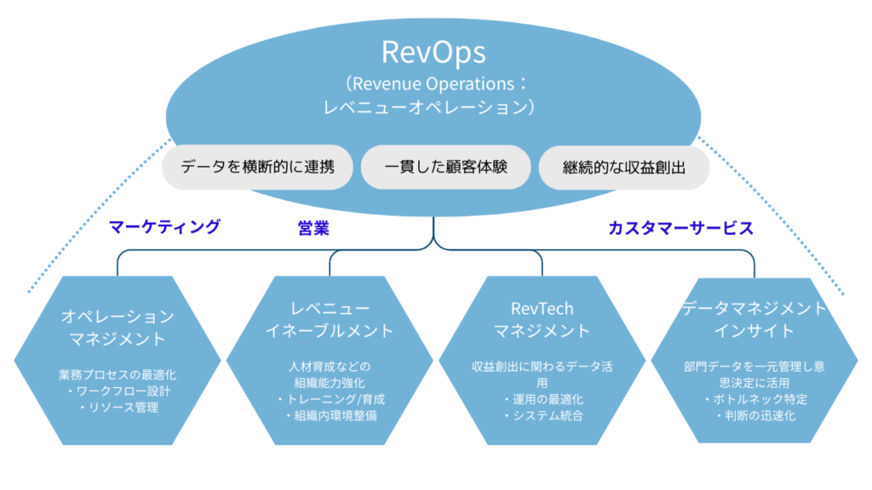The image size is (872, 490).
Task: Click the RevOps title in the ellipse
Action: (x=433, y=52)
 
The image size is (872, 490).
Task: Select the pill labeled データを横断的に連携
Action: (x=256, y=167)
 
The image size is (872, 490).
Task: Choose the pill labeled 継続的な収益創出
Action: (x=624, y=168)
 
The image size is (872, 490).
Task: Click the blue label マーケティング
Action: (x=164, y=226)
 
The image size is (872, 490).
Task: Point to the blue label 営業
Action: (x=313, y=228)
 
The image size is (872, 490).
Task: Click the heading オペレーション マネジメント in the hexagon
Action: (x=118, y=327)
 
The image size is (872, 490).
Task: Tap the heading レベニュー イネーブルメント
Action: (x=330, y=318)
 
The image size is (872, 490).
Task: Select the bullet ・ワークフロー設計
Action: (x=118, y=391)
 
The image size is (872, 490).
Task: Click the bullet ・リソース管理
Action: (x=118, y=407)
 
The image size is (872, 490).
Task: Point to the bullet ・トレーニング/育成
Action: (x=330, y=399)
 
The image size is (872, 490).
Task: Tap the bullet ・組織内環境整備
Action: (x=330, y=416)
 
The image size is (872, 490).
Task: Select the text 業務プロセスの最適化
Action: (x=118, y=374)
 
